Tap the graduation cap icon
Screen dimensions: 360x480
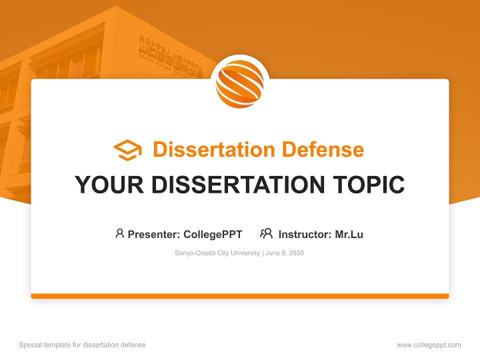(x=127, y=149)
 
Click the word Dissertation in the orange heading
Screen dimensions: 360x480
(x=213, y=149)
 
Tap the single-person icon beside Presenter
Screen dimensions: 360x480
(x=119, y=233)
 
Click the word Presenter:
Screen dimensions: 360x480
(x=154, y=234)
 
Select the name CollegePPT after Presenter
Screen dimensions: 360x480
(x=212, y=234)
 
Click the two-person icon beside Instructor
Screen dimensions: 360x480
(x=266, y=233)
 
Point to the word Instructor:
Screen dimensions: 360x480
(x=305, y=234)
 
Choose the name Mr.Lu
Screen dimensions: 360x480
(x=349, y=234)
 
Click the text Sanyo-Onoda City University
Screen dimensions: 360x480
(x=217, y=253)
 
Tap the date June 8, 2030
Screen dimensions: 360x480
(x=285, y=253)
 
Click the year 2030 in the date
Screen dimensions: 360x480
(x=295, y=253)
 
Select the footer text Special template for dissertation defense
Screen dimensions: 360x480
(x=82, y=345)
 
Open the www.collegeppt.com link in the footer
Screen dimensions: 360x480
(x=428, y=345)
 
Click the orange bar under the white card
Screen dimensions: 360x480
(x=240, y=296)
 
